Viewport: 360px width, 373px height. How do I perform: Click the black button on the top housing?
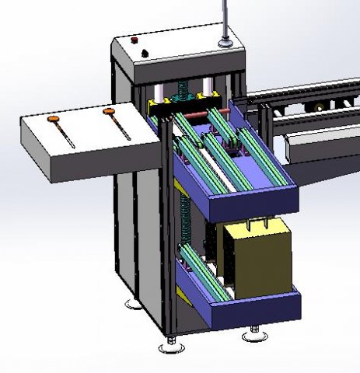145,53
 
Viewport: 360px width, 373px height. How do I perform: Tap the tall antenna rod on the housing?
225,19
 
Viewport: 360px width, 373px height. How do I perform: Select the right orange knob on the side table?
108,113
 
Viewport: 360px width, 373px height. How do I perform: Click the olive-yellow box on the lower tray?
257,260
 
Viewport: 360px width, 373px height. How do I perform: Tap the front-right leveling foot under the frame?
252,334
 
